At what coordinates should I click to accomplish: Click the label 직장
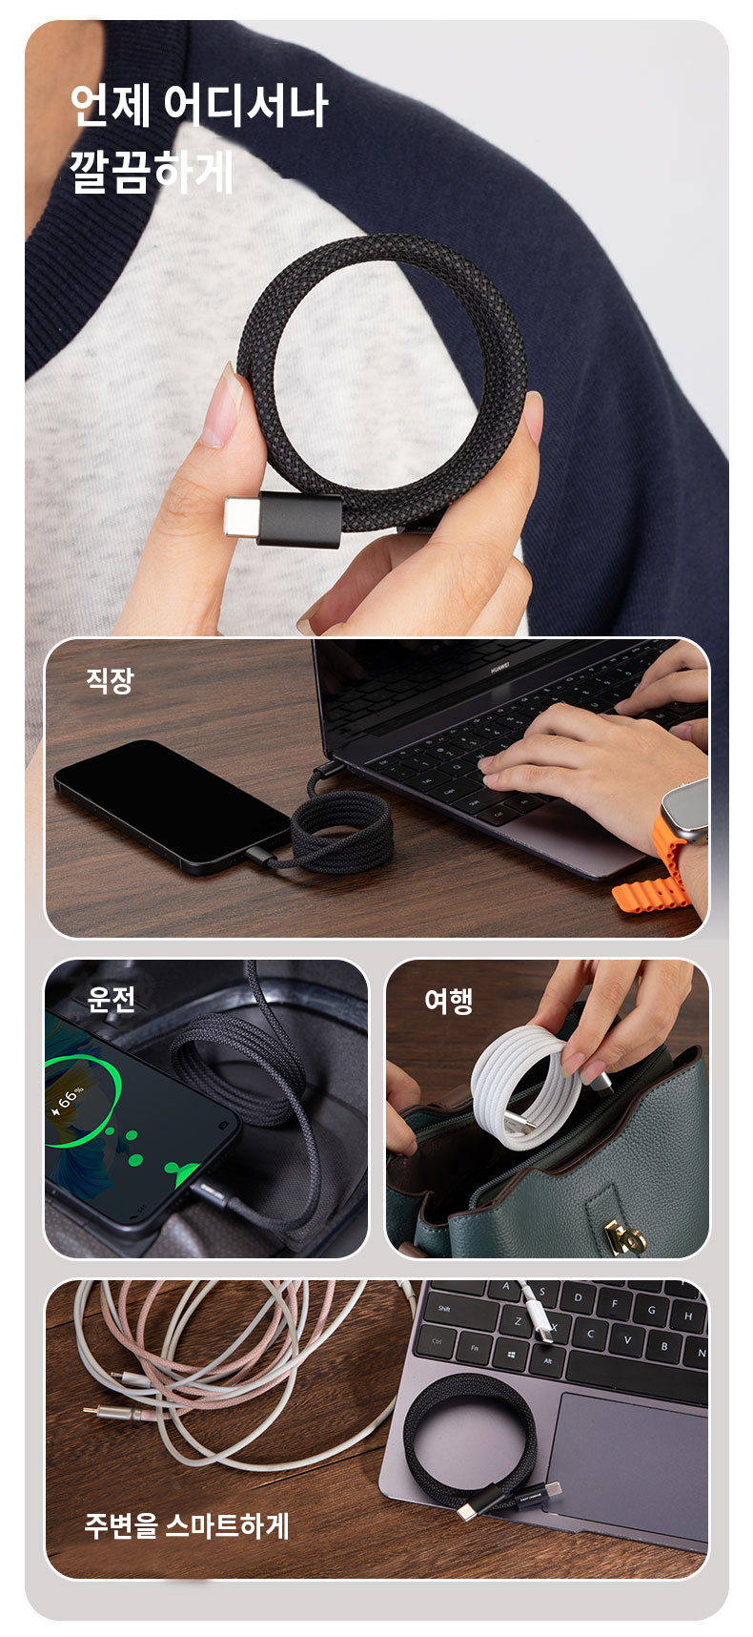[x=110, y=680]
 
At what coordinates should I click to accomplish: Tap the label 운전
[x=112, y=999]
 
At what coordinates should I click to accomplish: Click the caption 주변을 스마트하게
[x=187, y=1524]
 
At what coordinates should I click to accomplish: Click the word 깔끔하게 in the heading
[x=152, y=172]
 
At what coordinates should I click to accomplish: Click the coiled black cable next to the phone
[x=341, y=832]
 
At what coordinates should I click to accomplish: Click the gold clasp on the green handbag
[x=623, y=1236]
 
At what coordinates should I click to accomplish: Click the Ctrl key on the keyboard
[x=438, y=1340]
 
